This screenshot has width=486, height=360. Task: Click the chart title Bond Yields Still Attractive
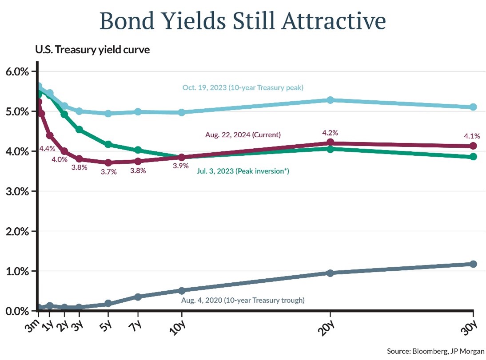click(x=243, y=20)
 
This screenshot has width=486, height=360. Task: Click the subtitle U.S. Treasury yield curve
click(x=92, y=49)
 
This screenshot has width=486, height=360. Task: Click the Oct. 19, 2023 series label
click(x=243, y=87)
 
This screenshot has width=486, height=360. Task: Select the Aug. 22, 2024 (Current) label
click(x=243, y=134)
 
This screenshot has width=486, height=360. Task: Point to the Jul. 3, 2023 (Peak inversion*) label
click(x=243, y=171)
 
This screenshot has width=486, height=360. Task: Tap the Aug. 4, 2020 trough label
click(x=243, y=300)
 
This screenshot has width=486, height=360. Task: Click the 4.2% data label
click(x=330, y=132)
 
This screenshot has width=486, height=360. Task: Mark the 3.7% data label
click(x=108, y=172)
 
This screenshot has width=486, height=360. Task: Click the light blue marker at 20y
click(x=330, y=100)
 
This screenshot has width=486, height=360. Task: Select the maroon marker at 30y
click(x=473, y=146)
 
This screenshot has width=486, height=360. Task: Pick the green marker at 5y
click(x=108, y=144)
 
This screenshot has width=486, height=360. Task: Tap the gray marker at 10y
click(x=181, y=290)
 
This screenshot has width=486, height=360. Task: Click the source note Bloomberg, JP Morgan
click(x=435, y=351)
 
